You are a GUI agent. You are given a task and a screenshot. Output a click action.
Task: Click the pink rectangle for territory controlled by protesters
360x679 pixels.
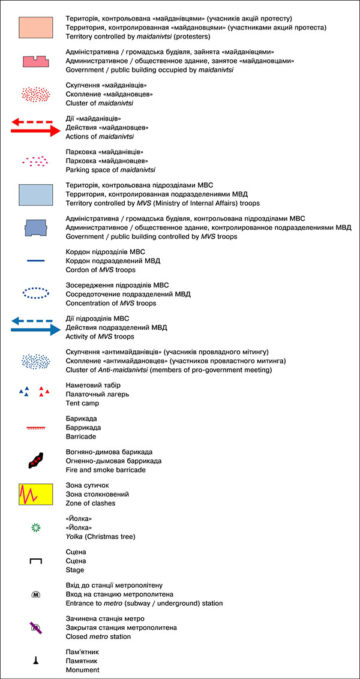click(36, 28)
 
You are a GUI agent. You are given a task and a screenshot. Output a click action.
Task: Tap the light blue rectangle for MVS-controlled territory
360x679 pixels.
click(36, 195)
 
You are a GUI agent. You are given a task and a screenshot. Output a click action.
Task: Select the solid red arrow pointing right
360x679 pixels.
click(36, 130)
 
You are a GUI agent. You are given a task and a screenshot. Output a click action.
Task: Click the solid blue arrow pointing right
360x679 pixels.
click(36, 329)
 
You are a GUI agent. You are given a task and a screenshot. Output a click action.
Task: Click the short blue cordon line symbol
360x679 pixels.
click(36, 260)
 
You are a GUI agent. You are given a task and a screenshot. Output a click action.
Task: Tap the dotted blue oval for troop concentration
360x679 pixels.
click(36, 293)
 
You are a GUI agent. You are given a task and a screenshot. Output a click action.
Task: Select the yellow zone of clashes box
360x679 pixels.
click(36, 494)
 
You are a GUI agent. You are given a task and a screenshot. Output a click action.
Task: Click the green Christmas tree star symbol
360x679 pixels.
click(36, 528)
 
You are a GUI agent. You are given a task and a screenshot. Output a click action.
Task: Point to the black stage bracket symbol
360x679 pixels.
click(36, 561)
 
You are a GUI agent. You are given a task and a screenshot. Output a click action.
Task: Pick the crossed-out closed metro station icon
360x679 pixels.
click(36, 627)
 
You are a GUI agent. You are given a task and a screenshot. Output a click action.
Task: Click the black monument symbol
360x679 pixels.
click(36, 660)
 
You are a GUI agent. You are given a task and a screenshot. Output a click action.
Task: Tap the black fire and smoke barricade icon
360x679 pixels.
click(37, 460)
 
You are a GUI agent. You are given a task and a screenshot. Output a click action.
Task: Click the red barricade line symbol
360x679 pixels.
click(36, 428)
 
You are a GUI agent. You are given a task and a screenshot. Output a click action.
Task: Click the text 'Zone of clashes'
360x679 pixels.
click(91, 503)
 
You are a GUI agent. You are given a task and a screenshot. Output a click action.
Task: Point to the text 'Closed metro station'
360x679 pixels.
click(98, 636)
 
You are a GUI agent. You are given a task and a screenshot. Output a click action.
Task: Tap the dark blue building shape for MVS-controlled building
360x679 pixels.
click(36, 228)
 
